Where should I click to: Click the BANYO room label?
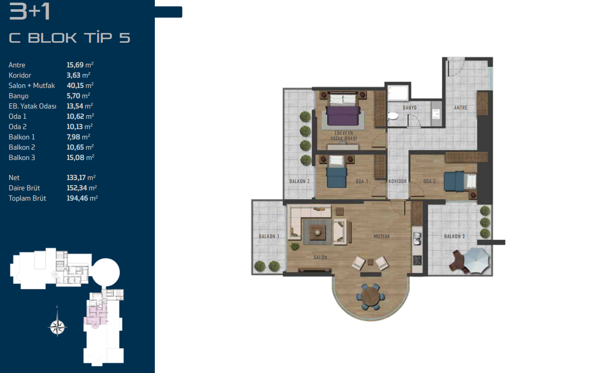409,108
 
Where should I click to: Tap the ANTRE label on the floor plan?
460,108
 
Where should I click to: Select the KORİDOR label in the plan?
398,182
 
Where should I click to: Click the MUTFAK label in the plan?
382,237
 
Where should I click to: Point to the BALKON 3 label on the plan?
454,237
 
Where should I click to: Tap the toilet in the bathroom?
393,116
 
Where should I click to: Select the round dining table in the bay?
371,297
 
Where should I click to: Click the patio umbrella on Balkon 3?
476,259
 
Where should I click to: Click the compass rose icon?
57,327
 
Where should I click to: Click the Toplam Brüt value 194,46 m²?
82,198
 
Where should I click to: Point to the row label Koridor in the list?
20,76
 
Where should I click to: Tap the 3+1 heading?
29,11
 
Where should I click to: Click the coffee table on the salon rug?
317,232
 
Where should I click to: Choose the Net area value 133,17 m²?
81,177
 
